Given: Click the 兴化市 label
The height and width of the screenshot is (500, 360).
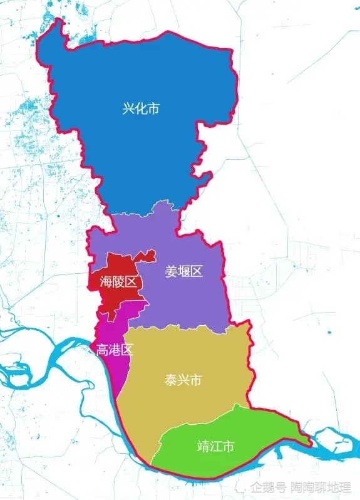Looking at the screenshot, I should click(x=141, y=109).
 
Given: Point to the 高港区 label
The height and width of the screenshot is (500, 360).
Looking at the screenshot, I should click(x=114, y=350).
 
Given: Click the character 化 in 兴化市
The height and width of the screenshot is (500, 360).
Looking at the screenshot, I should click(x=141, y=109).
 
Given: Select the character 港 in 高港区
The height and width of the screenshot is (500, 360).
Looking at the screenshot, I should click(x=114, y=350).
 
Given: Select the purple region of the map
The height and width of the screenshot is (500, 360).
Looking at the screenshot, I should click(x=188, y=301).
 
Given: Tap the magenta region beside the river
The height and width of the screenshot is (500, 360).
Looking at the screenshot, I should click(x=110, y=370).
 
